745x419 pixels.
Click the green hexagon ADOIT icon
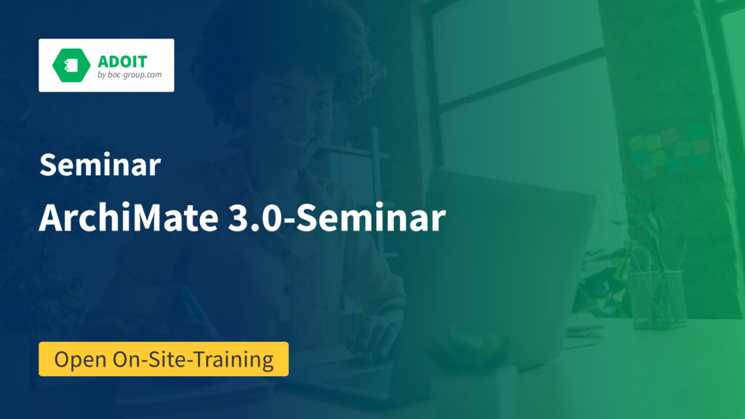pos(71,65)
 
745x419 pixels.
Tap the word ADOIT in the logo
pos(122,61)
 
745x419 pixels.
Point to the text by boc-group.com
pos(130,75)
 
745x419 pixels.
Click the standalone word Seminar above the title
pos(100,165)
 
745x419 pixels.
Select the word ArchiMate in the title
pos(128,218)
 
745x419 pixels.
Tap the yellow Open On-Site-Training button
pos(164,359)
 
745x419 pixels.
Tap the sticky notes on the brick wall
pos(669,150)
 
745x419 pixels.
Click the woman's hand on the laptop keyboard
pos(375,332)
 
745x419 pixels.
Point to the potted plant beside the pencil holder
pos(603,276)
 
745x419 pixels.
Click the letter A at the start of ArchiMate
pos(52,218)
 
